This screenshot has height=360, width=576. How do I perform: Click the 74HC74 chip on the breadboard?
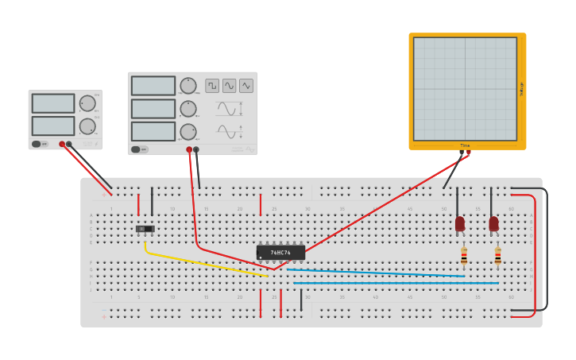(x=280, y=253)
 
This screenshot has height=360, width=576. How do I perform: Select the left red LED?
(x=460, y=224)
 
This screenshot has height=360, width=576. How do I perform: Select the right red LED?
(x=494, y=224)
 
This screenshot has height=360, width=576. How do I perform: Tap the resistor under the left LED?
(x=464, y=256)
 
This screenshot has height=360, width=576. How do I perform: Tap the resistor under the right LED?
(x=498, y=256)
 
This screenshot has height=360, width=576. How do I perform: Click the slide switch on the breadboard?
(x=144, y=229)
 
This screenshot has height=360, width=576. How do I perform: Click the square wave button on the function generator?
(x=212, y=85)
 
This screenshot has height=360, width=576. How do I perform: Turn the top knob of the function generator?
(x=188, y=85)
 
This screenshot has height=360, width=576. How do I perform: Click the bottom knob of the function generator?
(x=188, y=131)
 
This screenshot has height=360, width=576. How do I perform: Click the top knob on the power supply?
(x=87, y=103)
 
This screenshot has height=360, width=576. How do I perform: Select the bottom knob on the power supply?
(x=87, y=126)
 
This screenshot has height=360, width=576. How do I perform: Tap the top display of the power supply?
(x=53, y=103)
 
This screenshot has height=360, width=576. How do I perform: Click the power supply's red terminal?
(x=62, y=144)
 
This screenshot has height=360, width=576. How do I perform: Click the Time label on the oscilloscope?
(x=465, y=145)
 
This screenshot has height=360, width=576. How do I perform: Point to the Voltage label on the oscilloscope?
(x=521, y=89)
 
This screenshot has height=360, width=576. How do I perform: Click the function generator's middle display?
(x=153, y=109)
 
